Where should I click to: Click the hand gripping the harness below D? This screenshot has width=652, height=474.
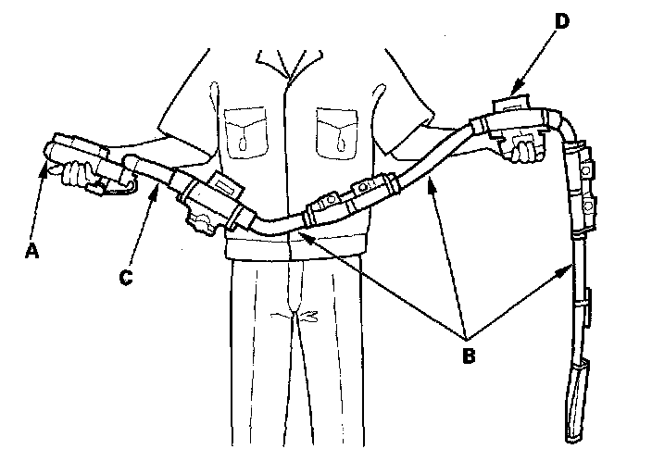point(525,149)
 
